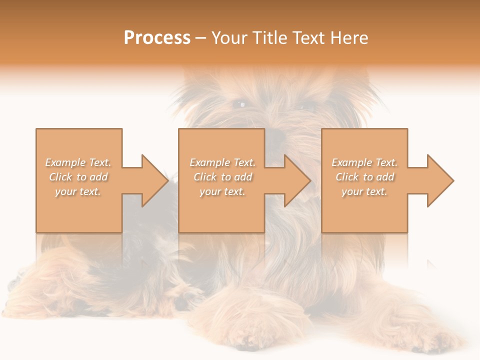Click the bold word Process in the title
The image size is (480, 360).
coord(157,38)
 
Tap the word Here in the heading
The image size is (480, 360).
coord(349,38)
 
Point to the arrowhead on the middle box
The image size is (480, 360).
coord(297,180)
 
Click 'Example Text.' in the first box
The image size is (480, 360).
coord(78,162)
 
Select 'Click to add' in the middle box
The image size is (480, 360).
coord(222,177)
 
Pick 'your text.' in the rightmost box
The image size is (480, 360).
coord(364,191)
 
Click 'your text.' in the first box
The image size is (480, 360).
coord(78,191)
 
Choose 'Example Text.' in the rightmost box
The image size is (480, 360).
coord(364,162)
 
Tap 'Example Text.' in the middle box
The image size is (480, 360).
coord(222,162)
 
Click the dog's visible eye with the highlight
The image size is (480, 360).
coord(241,104)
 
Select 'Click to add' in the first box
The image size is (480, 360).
coord(78,177)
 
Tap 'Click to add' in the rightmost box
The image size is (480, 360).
coord(364,177)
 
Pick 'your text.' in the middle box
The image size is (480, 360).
coord(222,191)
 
